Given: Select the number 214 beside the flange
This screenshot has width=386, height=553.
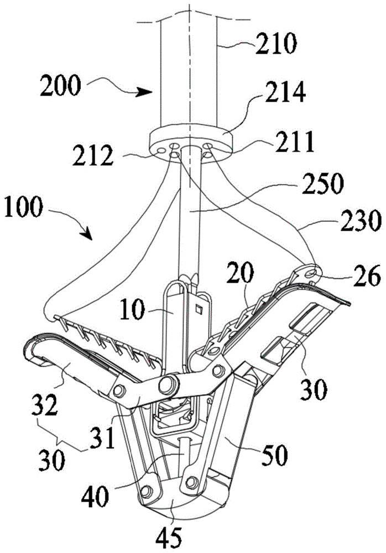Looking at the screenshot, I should click(284, 95).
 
